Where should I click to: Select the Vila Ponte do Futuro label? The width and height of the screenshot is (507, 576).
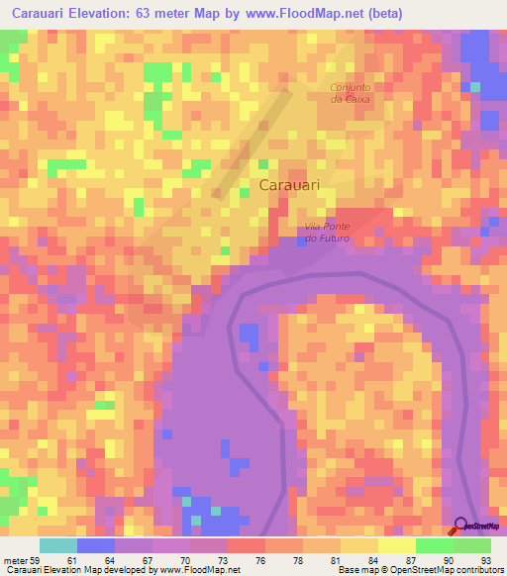[x=327, y=234]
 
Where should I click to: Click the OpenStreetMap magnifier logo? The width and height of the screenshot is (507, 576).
[x=461, y=526]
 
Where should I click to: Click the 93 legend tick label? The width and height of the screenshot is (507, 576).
[x=483, y=559]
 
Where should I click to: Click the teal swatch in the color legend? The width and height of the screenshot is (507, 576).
[x=58, y=545]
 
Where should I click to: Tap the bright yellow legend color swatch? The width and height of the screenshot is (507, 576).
[x=396, y=545]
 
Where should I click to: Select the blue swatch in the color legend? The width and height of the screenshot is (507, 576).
[x=96, y=545]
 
